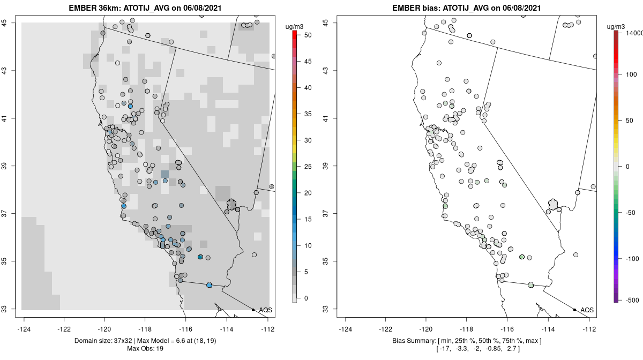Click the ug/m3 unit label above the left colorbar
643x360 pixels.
(x=295, y=25)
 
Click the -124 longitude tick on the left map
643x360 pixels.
(x=24, y=329)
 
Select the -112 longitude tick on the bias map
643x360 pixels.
(x=589, y=329)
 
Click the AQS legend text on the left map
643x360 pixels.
(x=265, y=310)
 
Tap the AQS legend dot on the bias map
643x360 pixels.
(x=574, y=310)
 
